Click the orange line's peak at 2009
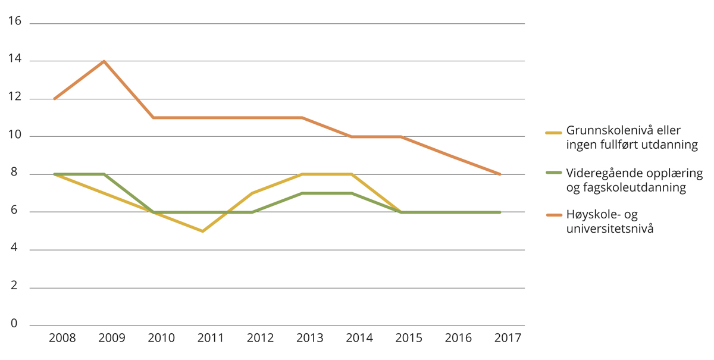(104, 61)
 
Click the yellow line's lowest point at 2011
(203, 231)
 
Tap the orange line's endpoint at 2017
(500, 174)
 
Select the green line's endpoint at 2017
(500, 212)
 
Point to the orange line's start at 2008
(55, 99)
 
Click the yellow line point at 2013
(302, 174)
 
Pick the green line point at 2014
(352, 193)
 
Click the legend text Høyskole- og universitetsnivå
(609, 221)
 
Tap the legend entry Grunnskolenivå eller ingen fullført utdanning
(631, 137)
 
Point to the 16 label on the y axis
(14, 21)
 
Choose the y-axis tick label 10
(14, 135)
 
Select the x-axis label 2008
(62, 338)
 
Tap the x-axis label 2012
(260, 338)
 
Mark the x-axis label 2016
(458, 338)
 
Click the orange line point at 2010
(154, 118)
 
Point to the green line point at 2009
(104, 174)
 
